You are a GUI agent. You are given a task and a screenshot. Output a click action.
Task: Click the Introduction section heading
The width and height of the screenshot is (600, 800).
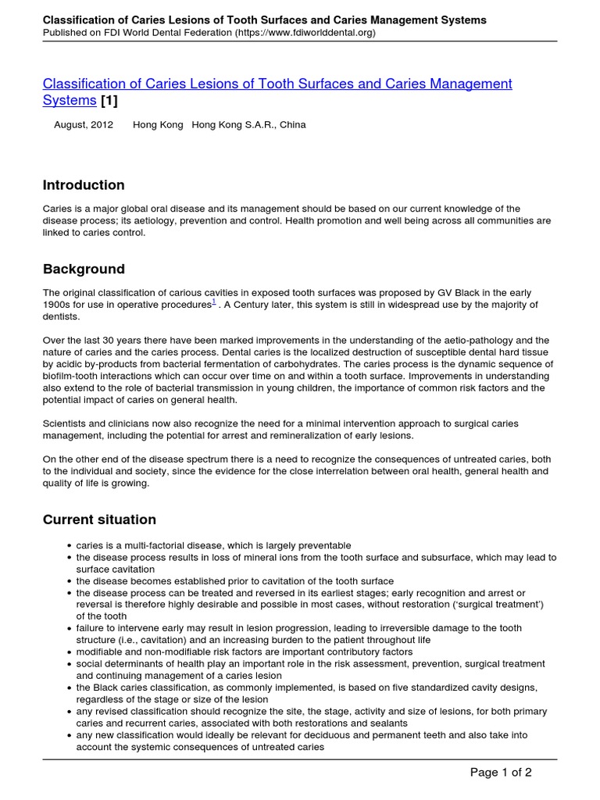[x=84, y=185]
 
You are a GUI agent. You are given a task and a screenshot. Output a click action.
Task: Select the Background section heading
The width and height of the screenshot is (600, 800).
[x=84, y=270]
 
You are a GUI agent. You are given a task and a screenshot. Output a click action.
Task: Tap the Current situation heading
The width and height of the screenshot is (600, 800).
[x=99, y=520]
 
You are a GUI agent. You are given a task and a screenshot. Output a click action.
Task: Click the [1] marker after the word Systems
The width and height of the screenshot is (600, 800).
[x=109, y=101]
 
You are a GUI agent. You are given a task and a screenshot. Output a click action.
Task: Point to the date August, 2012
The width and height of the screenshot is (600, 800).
[x=84, y=125]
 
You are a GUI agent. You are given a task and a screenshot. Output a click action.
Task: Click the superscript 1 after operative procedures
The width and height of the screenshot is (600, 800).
[x=214, y=302]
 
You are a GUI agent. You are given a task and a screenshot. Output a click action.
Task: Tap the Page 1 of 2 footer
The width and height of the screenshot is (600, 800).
[x=500, y=773]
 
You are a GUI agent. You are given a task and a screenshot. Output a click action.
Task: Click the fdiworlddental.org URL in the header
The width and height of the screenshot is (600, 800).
[x=305, y=33]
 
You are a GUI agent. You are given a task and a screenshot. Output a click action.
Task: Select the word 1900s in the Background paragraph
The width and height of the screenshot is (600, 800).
[x=57, y=305]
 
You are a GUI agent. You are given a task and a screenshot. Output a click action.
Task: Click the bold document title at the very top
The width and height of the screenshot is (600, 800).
[x=264, y=20]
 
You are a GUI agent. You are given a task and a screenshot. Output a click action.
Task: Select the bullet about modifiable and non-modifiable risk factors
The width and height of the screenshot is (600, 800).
[x=244, y=652]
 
